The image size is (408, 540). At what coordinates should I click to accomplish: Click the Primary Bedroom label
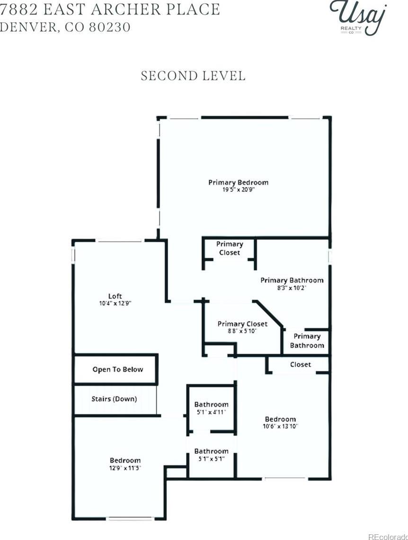click(x=238, y=182)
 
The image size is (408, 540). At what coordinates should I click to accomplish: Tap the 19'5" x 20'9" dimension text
click(x=238, y=190)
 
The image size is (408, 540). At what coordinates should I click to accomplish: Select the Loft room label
click(x=115, y=296)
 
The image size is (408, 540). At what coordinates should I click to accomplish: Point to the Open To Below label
click(x=117, y=369)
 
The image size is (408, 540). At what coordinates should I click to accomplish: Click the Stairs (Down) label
click(x=114, y=399)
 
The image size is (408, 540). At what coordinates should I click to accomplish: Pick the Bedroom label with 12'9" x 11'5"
click(x=125, y=460)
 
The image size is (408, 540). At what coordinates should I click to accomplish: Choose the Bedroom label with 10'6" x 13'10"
click(x=280, y=419)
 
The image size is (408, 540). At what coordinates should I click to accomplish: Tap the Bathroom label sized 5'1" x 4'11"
click(x=211, y=404)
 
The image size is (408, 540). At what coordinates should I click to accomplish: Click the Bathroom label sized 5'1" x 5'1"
click(x=211, y=451)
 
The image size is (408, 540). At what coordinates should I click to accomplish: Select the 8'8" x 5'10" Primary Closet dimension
click(x=242, y=331)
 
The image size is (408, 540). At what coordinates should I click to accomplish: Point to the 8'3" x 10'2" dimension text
click(x=292, y=288)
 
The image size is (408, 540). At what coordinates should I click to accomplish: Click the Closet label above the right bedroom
click(x=301, y=365)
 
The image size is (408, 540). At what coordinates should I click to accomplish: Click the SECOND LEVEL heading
click(x=193, y=76)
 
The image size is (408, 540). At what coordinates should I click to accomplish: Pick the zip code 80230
click(x=110, y=27)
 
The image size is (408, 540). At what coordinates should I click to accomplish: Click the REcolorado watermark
click(x=388, y=537)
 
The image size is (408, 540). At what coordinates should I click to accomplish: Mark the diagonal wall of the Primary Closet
click(x=268, y=314)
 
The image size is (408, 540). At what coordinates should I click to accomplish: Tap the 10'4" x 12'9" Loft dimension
click(x=115, y=303)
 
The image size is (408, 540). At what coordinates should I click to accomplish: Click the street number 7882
click(x=18, y=9)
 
